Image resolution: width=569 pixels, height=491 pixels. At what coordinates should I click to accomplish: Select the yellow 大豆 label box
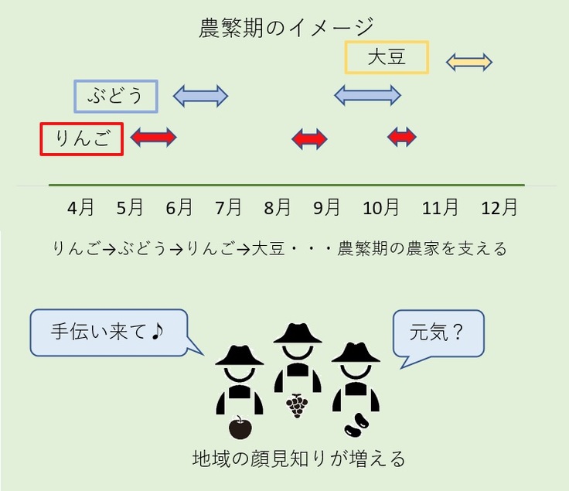[x=387, y=57]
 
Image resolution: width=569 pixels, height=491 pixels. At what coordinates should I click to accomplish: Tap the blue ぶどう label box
[x=116, y=97]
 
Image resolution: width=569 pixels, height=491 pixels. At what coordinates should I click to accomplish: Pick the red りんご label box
[x=81, y=139]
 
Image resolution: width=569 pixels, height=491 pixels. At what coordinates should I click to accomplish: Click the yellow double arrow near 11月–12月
[x=469, y=62]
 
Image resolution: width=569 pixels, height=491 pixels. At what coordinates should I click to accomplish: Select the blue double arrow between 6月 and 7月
[x=200, y=96]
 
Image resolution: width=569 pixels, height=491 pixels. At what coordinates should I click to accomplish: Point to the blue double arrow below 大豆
[x=367, y=95]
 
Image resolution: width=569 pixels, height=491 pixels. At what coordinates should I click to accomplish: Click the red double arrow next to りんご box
[x=153, y=138]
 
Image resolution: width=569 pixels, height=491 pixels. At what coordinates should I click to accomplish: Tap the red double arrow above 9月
[x=309, y=139]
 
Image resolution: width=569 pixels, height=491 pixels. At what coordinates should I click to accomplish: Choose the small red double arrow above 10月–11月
[x=402, y=138]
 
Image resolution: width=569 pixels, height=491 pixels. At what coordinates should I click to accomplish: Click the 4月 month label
[x=81, y=208]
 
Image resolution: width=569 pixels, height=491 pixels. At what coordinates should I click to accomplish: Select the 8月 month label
[x=278, y=208]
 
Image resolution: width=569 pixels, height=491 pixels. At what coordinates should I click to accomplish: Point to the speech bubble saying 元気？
[x=438, y=333]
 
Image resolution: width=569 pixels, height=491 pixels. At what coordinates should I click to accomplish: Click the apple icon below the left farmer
[x=240, y=427]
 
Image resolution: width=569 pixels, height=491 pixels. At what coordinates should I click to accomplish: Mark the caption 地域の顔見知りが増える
[x=298, y=459]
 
